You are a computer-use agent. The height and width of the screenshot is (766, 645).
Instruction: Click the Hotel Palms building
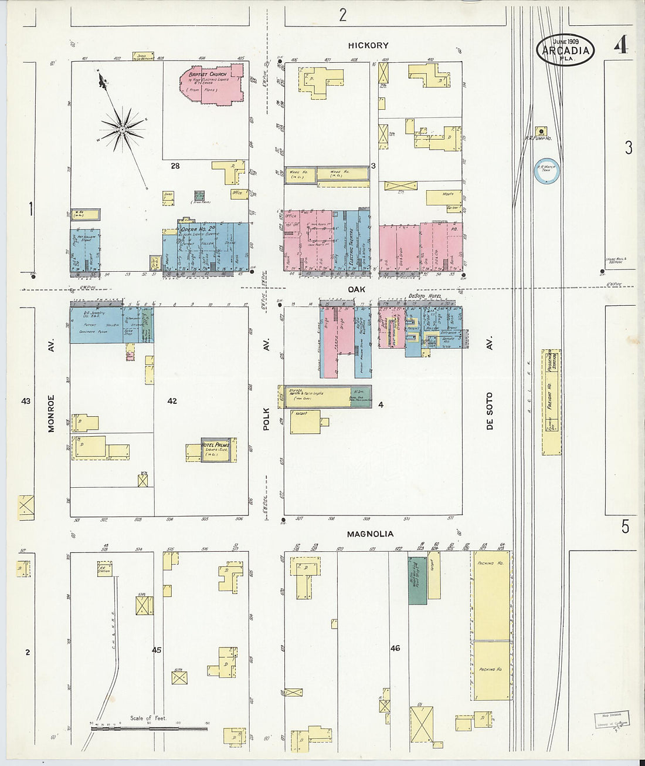(218, 450)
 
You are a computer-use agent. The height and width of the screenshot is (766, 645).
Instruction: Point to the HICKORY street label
(368, 45)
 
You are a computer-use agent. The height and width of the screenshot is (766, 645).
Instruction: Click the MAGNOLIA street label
(370, 534)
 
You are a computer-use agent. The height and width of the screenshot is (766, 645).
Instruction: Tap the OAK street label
(356, 289)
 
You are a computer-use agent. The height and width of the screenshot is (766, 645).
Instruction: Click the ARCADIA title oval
(565, 49)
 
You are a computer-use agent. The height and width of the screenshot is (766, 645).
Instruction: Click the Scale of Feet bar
(149, 728)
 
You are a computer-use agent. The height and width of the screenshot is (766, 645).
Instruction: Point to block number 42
(172, 401)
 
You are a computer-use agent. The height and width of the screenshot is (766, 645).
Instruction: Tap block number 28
(175, 166)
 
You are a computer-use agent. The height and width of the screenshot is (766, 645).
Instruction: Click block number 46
(395, 649)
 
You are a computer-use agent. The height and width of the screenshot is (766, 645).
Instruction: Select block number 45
(156, 650)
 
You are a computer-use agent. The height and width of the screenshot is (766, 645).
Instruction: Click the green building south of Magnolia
(417, 581)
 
